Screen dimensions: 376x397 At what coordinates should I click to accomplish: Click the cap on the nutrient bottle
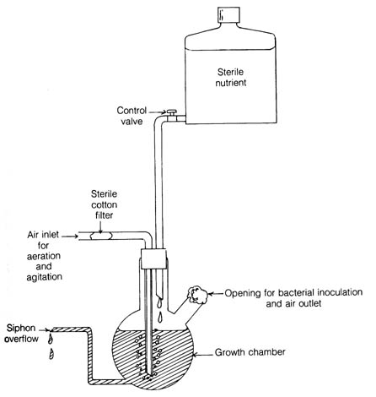point(229,14)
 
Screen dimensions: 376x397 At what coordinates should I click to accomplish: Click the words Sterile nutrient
point(231,78)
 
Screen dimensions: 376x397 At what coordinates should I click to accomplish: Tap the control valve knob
point(171,111)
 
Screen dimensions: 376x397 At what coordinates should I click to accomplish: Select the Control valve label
point(132,116)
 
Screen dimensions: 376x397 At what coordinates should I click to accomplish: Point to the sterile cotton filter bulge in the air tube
point(101,236)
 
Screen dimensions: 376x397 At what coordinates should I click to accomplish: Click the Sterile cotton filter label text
point(104,204)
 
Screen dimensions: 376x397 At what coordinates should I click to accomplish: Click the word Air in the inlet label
point(34,235)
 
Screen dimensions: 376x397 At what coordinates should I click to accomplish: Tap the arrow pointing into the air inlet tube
point(70,237)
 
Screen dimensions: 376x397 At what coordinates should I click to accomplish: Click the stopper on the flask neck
point(153,258)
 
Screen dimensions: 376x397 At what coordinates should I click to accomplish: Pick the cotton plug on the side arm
point(197,295)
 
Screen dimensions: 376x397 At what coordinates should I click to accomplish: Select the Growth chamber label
point(250,352)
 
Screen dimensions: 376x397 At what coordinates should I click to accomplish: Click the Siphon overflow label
point(22,334)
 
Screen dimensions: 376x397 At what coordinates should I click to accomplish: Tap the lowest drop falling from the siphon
point(51,354)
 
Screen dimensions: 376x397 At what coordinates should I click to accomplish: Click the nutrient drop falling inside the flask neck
point(160,317)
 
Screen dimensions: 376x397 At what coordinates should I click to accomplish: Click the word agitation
point(45,277)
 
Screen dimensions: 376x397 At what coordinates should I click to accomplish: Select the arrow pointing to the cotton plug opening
point(216,294)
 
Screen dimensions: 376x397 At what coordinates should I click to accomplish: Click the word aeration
point(44,256)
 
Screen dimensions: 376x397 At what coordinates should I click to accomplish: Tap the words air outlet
point(303,303)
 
